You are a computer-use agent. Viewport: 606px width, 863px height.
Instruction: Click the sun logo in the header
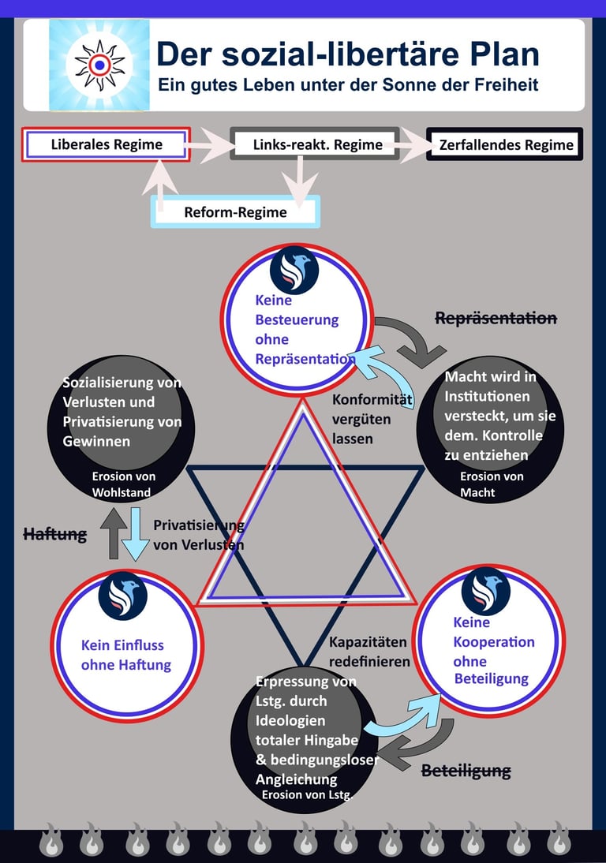tap(99, 65)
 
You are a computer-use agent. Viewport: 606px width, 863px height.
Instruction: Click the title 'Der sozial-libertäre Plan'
tap(348, 54)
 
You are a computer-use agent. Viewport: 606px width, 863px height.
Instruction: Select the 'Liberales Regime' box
tap(107, 144)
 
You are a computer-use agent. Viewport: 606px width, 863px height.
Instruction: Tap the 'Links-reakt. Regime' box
tap(315, 144)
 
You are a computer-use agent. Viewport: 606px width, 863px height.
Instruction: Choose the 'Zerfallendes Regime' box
tap(505, 144)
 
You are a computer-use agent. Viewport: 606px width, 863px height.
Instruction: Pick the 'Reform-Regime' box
tap(236, 212)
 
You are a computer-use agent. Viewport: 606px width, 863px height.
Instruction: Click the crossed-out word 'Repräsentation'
tap(496, 318)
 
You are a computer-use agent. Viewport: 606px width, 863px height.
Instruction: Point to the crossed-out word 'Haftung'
tap(55, 534)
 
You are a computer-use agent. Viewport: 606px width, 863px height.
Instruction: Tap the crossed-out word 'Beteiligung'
tap(466, 771)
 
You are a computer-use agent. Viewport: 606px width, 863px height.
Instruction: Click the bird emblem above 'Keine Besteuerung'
tap(294, 271)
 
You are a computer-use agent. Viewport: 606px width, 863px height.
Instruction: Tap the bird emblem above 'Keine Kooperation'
tap(485, 591)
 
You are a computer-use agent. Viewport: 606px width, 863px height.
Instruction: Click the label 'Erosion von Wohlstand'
tap(122, 484)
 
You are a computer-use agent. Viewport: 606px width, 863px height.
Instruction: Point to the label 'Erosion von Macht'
tap(492, 484)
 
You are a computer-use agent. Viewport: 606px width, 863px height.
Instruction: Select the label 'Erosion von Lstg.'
tap(307, 794)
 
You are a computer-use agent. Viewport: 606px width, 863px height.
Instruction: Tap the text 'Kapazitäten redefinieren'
tap(369, 652)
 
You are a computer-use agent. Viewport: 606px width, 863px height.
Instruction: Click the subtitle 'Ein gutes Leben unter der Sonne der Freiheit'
tap(348, 84)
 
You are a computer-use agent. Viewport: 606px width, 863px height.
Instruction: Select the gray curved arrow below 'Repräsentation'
tap(417, 338)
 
